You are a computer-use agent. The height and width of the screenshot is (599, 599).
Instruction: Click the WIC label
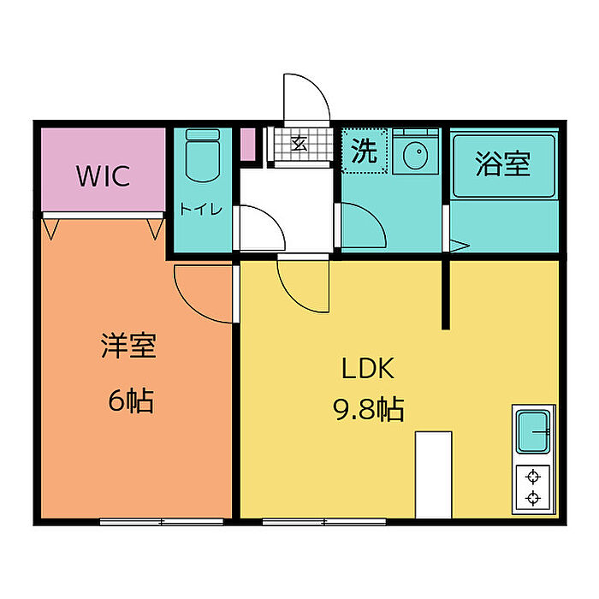104,176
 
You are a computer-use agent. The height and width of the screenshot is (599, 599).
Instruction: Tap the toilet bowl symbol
203,156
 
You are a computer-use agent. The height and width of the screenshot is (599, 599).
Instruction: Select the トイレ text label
201,209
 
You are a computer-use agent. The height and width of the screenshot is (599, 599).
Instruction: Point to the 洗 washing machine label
364,151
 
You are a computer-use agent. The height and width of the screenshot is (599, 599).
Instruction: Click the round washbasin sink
415,156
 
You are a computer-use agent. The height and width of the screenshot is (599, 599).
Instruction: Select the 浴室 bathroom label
503,164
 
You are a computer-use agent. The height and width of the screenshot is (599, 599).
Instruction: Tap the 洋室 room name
128,346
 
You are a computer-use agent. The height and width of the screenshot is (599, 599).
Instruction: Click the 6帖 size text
131,400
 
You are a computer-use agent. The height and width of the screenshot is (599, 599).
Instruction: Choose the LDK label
367,368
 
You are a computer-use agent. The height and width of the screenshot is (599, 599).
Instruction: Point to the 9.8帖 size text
369,409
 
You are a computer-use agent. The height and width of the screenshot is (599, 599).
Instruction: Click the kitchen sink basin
533,431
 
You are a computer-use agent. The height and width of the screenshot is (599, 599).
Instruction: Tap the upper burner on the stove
533,477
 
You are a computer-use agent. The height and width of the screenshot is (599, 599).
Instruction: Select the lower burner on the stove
533,498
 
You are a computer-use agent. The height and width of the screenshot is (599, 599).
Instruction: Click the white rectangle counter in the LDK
434,475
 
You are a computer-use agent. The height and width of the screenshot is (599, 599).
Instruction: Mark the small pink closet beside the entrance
248,145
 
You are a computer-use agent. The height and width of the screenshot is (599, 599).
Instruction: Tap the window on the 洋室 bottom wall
162,521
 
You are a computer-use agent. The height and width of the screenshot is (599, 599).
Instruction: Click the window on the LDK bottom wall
324,521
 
